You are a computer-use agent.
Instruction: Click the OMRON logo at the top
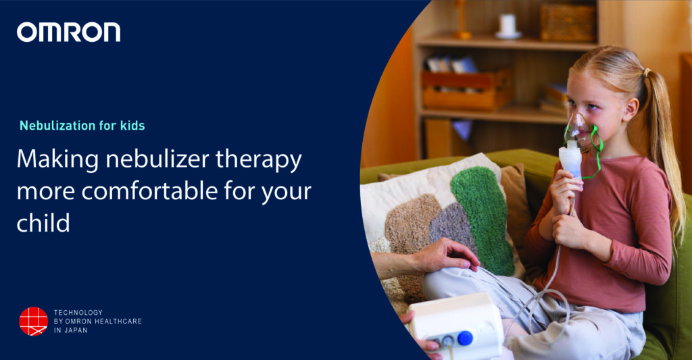point(68,32)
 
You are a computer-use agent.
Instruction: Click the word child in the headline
point(43,222)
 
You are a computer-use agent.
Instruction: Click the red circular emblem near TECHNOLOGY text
point(33,321)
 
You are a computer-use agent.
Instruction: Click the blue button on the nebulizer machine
point(464,338)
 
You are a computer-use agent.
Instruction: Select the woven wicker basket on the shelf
point(567,22)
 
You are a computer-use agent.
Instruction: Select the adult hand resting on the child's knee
point(442,255)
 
